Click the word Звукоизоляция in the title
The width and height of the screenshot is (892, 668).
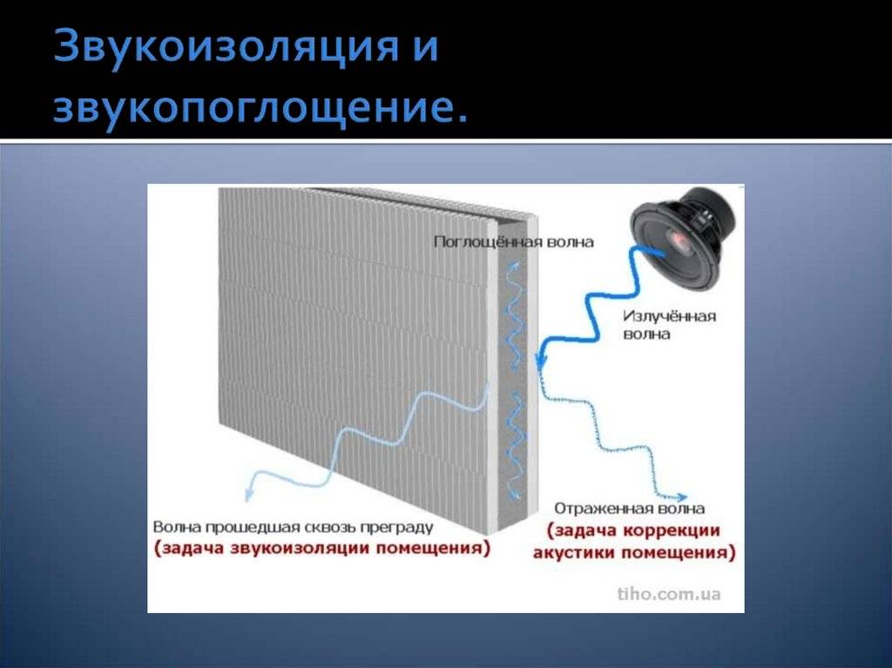point(226,47)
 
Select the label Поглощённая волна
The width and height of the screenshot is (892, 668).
point(514,242)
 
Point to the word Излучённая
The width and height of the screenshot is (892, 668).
point(670,316)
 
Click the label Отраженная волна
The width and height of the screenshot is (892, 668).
point(629,508)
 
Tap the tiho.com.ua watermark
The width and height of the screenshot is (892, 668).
point(669,594)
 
